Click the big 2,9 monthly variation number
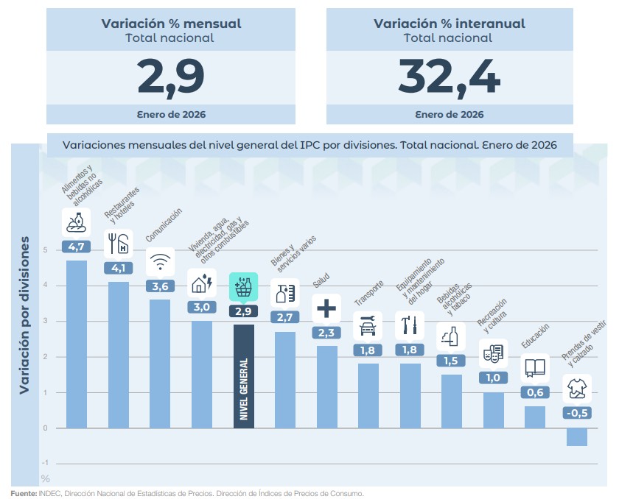pos(170,75)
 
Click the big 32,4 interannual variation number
pos(450,75)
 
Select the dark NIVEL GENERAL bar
pos(244,375)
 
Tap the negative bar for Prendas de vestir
pos(577,436)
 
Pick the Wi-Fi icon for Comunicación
pos(160,261)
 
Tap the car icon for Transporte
pos(368,325)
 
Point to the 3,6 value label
pos(160,286)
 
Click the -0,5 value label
pos(577,413)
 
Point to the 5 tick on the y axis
pos(46,249)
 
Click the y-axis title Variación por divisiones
pos(24,315)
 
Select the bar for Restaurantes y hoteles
pos(119,353)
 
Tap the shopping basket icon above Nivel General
pos(243,288)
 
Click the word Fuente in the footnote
pos(23,493)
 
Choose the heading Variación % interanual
pos(450,24)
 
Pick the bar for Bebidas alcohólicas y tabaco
pos(452,401)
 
